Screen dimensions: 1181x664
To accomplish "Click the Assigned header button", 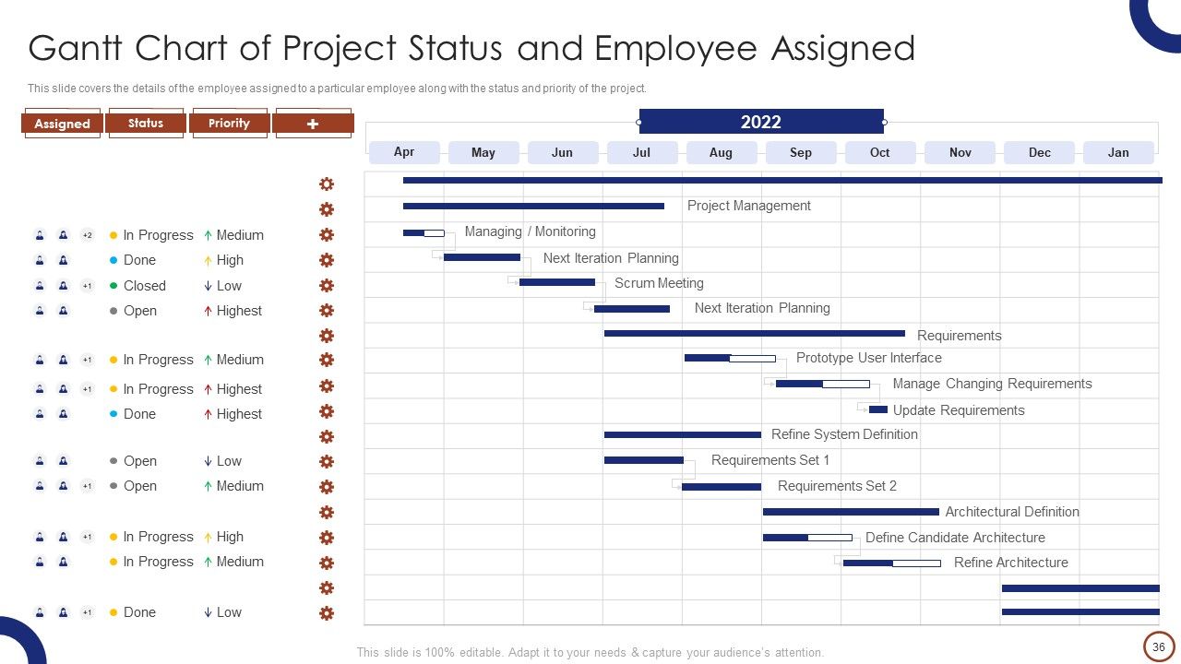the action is pos(62,124).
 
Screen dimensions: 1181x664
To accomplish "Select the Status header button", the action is pos(146,124).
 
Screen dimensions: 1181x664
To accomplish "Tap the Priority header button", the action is pos(229,124).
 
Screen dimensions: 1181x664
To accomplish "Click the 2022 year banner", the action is pos(761,122).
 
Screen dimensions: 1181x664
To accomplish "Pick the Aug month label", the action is pos(721,152).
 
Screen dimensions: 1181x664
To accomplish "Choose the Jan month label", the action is pos(1118,152).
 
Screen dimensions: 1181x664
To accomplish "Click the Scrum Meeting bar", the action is pos(557,282).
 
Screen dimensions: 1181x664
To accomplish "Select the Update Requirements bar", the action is pos(877,409).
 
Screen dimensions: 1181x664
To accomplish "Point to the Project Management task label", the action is pos(748,206).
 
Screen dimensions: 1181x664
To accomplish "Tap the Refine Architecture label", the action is pos(1010,563).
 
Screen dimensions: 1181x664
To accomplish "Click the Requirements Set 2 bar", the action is pos(722,487).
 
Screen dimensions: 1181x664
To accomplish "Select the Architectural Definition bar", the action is pos(851,512).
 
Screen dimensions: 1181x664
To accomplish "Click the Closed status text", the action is pos(145,286).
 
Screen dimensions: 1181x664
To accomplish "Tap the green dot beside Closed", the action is pos(113,286).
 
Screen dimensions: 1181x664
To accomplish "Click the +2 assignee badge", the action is pos(88,235).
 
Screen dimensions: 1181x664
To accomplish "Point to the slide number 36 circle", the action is pos(1158,646).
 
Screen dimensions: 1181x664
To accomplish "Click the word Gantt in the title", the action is pos(75,48).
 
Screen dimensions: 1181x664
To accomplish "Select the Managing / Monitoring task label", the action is pos(530,231).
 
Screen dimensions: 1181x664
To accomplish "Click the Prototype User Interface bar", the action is pos(730,359).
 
